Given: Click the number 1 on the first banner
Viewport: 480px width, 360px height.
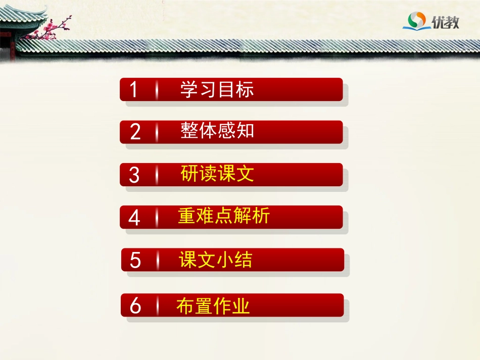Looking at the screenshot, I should pos(134,90).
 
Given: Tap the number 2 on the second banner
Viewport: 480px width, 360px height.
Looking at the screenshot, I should pos(135,132).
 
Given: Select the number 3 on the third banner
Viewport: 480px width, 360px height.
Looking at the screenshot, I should pos(134,175).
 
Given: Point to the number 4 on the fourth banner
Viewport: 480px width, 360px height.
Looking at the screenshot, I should pos(134,218).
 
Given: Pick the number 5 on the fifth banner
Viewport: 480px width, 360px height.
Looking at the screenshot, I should pos(135,261).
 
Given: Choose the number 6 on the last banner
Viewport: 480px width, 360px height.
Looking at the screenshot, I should pos(135,306).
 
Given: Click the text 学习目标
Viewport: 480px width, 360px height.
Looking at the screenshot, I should pos(217,89).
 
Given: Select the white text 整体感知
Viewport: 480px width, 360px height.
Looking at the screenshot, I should pos(217,131).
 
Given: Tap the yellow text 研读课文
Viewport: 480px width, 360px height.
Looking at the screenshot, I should pos(217,174).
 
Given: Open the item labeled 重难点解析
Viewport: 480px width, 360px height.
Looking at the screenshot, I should pos(224,216).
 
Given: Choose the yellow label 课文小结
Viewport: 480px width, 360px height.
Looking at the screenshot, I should pos(215,260).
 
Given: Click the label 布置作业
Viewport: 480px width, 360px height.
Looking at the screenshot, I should pos(213,306).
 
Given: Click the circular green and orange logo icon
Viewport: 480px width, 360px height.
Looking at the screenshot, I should pos(416,21).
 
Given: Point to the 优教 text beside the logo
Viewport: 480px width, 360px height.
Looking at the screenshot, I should pos(445,21).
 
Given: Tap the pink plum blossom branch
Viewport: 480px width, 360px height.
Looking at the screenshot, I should pos(53,28).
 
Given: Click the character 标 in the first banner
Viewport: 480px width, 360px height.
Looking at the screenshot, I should pos(245,89).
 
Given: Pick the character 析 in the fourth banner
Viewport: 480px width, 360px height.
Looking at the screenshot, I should pos(261,216).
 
